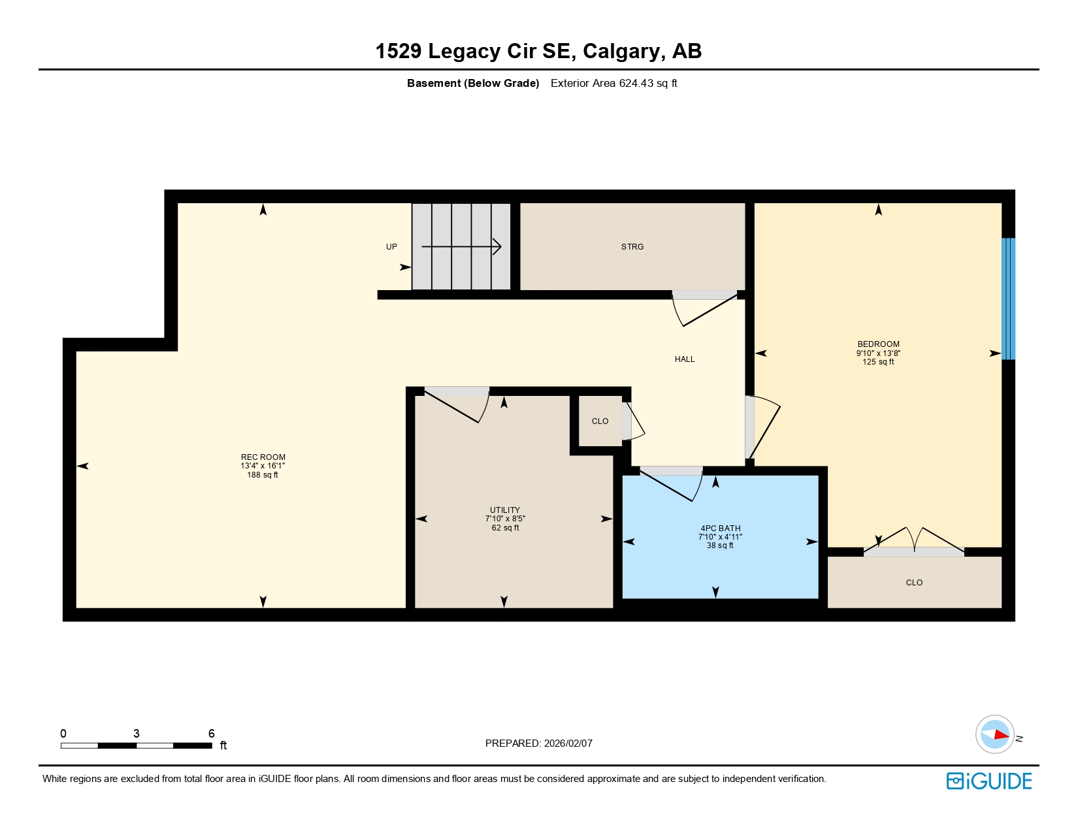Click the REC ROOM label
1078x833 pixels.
263,457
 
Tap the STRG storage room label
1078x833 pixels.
632,247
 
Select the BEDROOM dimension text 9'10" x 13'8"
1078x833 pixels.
878,353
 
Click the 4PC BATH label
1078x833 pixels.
720,529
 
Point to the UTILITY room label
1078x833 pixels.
504,510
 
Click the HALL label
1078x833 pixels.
684,359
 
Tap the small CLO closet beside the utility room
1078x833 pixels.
600,421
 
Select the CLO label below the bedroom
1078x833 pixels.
913,583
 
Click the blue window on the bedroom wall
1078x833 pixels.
1008,299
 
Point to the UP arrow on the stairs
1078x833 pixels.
461,247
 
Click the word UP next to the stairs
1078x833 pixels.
391,247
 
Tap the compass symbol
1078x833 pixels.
994,734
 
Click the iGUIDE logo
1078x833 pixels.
988,781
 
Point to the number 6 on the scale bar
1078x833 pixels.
211,734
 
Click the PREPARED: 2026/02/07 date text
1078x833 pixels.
538,743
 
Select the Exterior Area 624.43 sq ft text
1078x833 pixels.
613,84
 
